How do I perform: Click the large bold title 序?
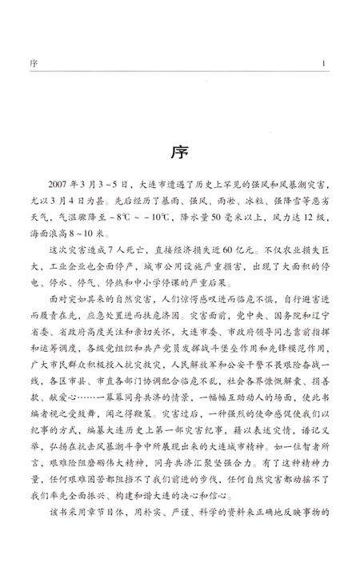tap(180, 151)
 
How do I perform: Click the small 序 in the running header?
tap(42, 64)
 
